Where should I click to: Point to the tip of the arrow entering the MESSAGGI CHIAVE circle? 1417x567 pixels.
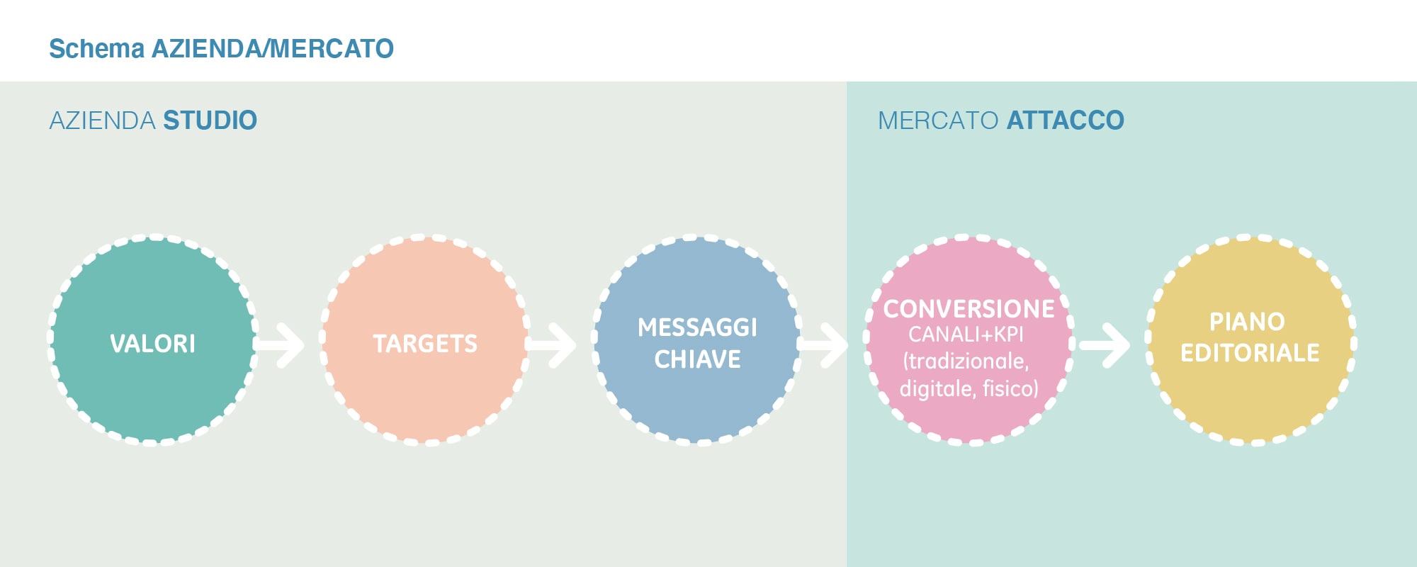click(x=576, y=345)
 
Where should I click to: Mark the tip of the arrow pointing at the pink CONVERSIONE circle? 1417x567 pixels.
click(x=848, y=345)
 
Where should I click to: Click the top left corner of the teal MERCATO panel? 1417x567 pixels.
click(x=847, y=82)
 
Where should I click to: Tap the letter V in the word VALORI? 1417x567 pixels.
click(x=117, y=344)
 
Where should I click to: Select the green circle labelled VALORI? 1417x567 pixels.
click(x=152, y=340)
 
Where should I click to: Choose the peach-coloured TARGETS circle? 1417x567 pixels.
click(x=425, y=340)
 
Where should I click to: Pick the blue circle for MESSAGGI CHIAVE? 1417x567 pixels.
click(x=698, y=340)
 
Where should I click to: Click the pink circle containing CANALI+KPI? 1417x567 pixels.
click(x=969, y=340)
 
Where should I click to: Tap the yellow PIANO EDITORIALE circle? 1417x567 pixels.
click(x=1251, y=340)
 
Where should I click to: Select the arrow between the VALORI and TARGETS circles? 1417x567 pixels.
click(x=278, y=345)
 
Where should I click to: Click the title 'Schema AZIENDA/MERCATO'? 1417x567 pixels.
click(x=221, y=48)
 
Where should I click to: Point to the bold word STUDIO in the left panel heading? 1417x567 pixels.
click(x=210, y=120)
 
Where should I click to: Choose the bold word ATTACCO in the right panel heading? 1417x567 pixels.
click(x=1065, y=120)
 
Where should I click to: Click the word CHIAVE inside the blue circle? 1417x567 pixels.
click(x=697, y=359)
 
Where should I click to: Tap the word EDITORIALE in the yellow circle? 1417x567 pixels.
click(x=1250, y=353)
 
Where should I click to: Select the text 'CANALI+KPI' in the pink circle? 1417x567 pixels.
click(x=966, y=335)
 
